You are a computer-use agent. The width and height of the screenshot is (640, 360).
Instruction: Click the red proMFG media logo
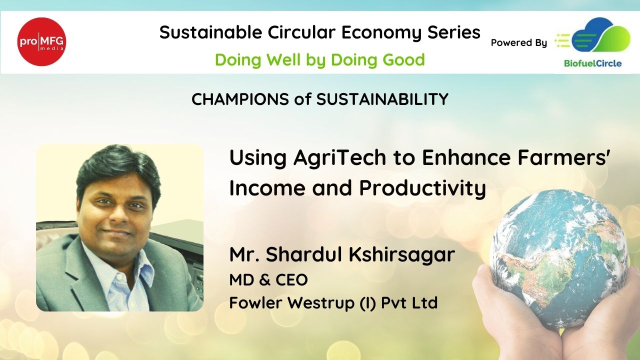41,41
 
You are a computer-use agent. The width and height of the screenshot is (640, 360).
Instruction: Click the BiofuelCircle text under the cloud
593,63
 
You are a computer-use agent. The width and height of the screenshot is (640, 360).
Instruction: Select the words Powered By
519,43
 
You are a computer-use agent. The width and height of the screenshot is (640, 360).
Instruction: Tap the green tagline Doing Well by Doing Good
320,60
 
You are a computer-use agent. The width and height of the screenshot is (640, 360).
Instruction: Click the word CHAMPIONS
240,99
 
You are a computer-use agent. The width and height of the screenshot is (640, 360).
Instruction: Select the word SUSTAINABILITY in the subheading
382,99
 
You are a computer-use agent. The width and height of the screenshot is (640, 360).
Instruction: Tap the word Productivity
422,188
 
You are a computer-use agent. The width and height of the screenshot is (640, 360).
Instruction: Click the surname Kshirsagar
401,255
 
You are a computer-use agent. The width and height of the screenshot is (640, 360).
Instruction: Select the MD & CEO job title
268,279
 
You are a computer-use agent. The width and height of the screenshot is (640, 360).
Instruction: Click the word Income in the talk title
267,188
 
